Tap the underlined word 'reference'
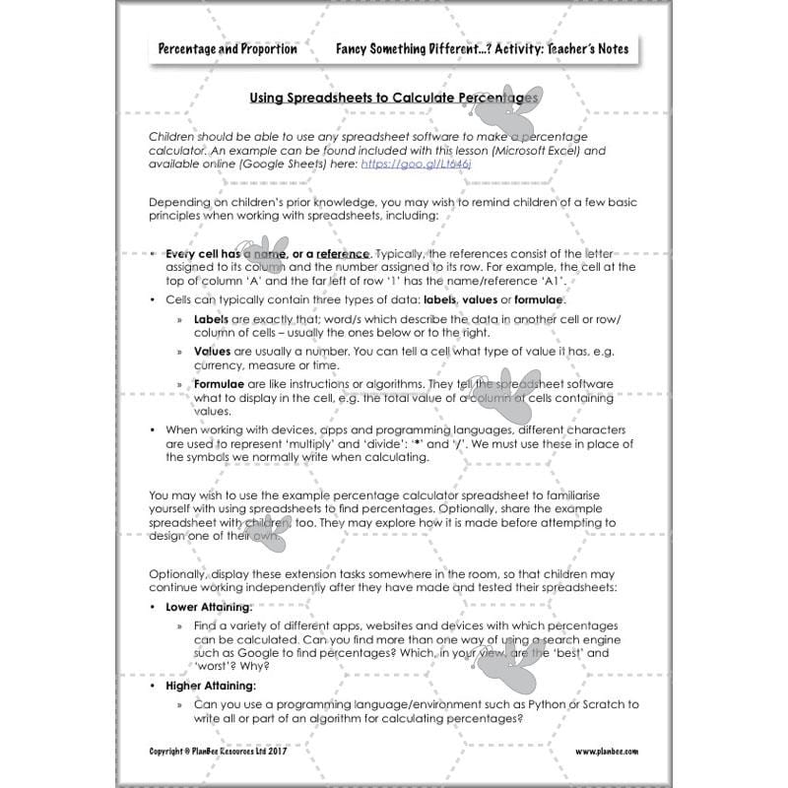tap(343, 253)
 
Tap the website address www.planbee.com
tap(607, 751)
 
